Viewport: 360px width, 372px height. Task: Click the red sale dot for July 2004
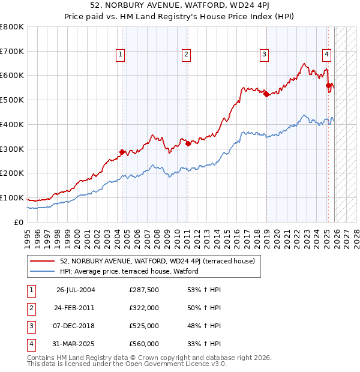point(122,152)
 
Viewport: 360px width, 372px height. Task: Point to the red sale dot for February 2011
point(188,143)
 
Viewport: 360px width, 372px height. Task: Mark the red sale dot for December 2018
point(266,94)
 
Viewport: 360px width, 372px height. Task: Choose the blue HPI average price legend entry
point(128,271)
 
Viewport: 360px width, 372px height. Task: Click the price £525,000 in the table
point(143,326)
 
